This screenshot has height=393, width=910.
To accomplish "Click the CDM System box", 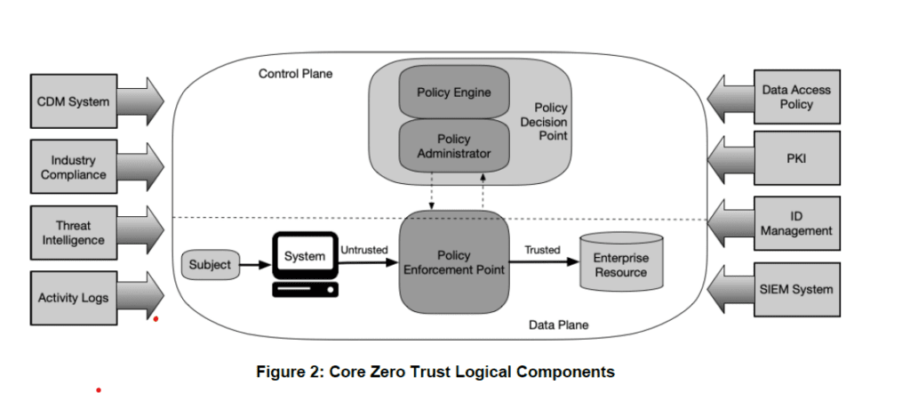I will tap(73, 101).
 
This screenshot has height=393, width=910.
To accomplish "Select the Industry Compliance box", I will tap(73, 167).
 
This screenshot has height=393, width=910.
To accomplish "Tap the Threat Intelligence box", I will tap(73, 233).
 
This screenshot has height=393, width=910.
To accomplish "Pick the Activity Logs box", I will tap(73, 297).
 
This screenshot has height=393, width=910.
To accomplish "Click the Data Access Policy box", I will tap(796, 97).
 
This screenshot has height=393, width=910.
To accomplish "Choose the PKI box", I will tap(796, 158).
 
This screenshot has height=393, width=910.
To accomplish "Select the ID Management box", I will tap(796, 224).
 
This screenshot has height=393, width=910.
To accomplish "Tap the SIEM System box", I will tap(796, 289).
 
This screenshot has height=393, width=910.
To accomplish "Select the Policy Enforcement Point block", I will tap(454, 261).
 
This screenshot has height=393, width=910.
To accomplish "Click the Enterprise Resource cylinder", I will tap(621, 263).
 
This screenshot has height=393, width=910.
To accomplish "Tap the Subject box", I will tap(210, 264).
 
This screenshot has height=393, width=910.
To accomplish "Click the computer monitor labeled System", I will tap(305, 257).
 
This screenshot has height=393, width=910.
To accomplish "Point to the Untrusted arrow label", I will tap(363, 250).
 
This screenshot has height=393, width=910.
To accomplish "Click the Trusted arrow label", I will tap(541, 250).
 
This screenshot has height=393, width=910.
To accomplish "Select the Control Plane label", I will tap(295, 74).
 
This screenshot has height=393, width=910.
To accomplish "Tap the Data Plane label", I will tap(558, 325).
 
